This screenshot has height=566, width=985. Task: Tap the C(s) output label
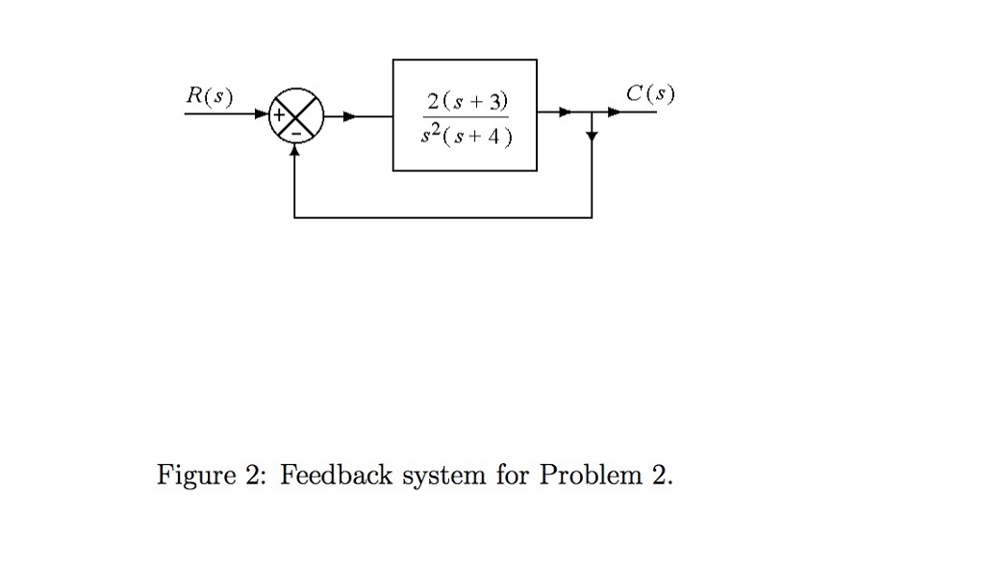(650, 94)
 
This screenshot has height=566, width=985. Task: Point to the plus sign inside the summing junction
(281, 115)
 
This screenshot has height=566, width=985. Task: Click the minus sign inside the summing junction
(295, 133)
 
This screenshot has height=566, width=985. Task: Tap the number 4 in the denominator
(493, 136)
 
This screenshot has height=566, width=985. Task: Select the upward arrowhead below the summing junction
(295, 149)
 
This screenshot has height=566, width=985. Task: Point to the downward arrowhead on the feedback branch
(592, 136)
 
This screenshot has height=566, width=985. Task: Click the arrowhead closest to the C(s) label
(613, 112)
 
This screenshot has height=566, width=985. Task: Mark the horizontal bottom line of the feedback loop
(442, 218)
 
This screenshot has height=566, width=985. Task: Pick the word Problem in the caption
(590, 475)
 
